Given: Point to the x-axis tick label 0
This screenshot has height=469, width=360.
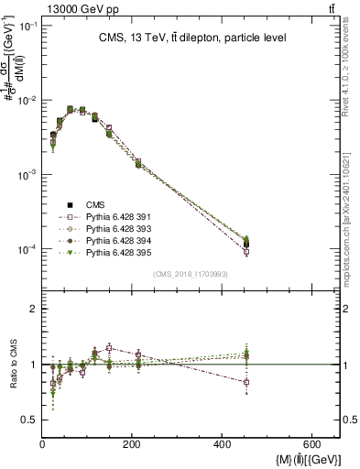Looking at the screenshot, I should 43,445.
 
